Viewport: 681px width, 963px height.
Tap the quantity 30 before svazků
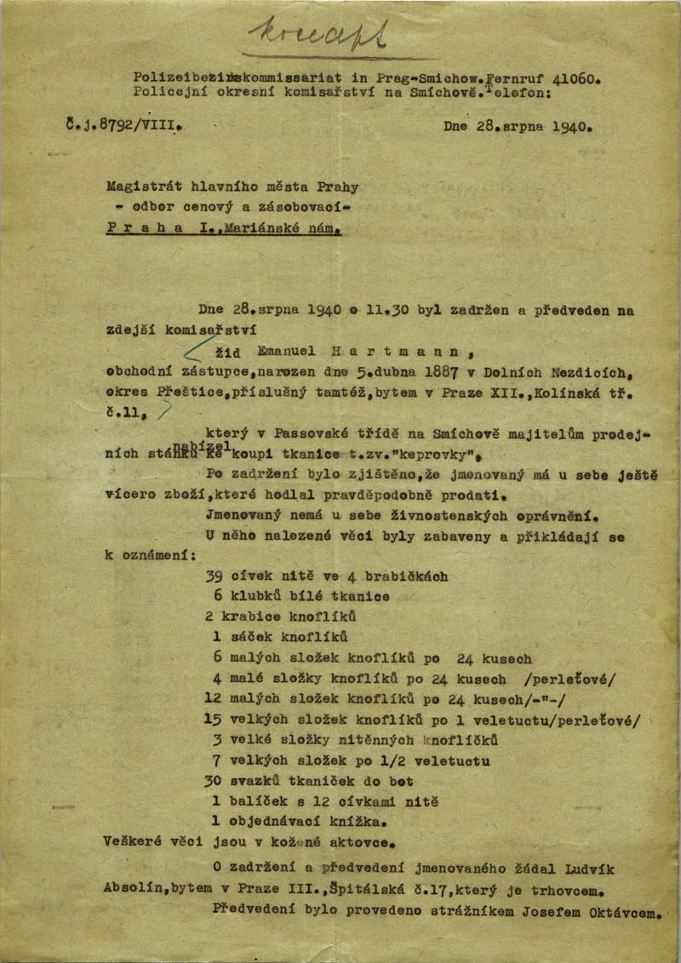[213, 781]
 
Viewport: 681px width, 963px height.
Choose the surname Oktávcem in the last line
[622, 914]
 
